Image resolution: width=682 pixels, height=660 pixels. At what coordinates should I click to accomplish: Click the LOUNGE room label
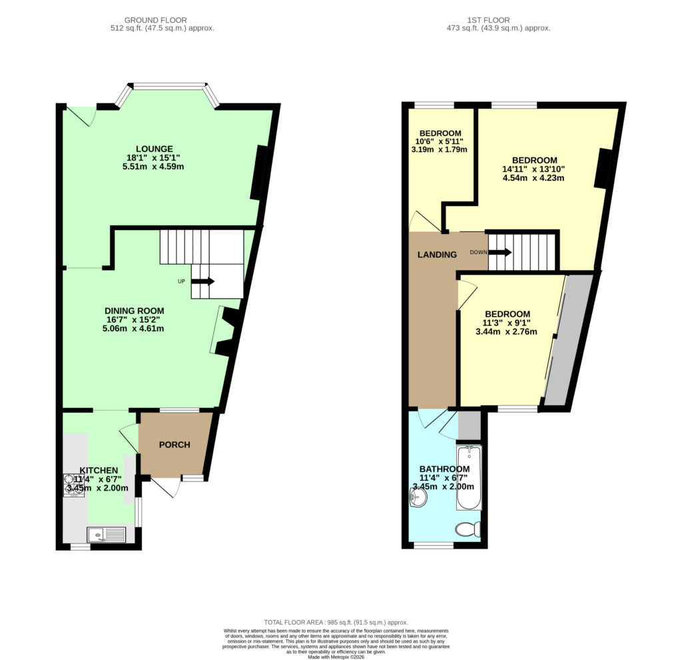click(154, 149)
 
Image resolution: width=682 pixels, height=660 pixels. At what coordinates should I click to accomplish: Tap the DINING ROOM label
click(135, 311)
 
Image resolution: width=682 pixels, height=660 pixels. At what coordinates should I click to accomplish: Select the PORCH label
click(174, 445)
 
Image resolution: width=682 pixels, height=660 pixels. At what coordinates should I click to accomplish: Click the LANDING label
click(437, 255)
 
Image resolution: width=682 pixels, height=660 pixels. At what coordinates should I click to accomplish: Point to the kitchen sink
click(107, 534)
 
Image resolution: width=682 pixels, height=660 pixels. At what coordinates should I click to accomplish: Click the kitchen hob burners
click(74, 485)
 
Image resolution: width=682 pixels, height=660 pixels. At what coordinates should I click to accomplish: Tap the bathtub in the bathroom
click(469, 477)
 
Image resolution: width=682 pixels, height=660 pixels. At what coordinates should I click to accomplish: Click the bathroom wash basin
click(418, 497)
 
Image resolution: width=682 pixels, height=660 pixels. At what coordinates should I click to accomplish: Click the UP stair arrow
click(202, 281)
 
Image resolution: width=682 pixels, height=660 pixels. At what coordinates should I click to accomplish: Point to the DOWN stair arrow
click(500, 252)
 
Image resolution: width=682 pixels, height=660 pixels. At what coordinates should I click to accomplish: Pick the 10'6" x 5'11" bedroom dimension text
click(440, 141)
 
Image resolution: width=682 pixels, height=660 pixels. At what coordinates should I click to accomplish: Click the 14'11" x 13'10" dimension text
click(533, 169)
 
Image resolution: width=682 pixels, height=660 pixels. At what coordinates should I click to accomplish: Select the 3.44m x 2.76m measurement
click(506, 331)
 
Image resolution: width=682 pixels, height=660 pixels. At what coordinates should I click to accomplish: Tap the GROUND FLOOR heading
click(156, 20)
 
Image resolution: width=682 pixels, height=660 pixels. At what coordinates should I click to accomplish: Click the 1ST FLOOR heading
click(488, 20)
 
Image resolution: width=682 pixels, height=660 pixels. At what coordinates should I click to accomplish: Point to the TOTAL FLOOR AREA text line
click(336, 623)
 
